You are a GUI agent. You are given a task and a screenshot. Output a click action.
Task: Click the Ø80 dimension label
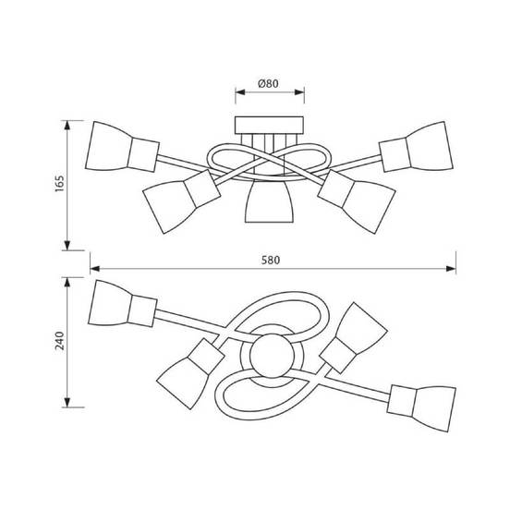[268, 83]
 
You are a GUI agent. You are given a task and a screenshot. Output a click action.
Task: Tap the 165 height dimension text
[59, 184]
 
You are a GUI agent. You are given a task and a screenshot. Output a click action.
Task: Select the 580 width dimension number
[271, 261]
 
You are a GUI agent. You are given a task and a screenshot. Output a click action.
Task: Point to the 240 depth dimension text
[60, 341]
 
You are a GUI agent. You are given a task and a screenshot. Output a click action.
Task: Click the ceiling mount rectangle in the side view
[269, 125]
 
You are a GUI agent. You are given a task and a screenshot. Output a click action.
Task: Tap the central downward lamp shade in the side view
[269, 201]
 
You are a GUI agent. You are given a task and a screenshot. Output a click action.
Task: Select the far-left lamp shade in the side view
[108, 146]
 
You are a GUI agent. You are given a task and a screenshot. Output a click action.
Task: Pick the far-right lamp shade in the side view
[430, 146]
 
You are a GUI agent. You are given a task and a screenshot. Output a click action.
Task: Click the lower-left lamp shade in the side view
[169, 206]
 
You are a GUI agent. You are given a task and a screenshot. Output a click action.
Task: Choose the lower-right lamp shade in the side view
[370, 206]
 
